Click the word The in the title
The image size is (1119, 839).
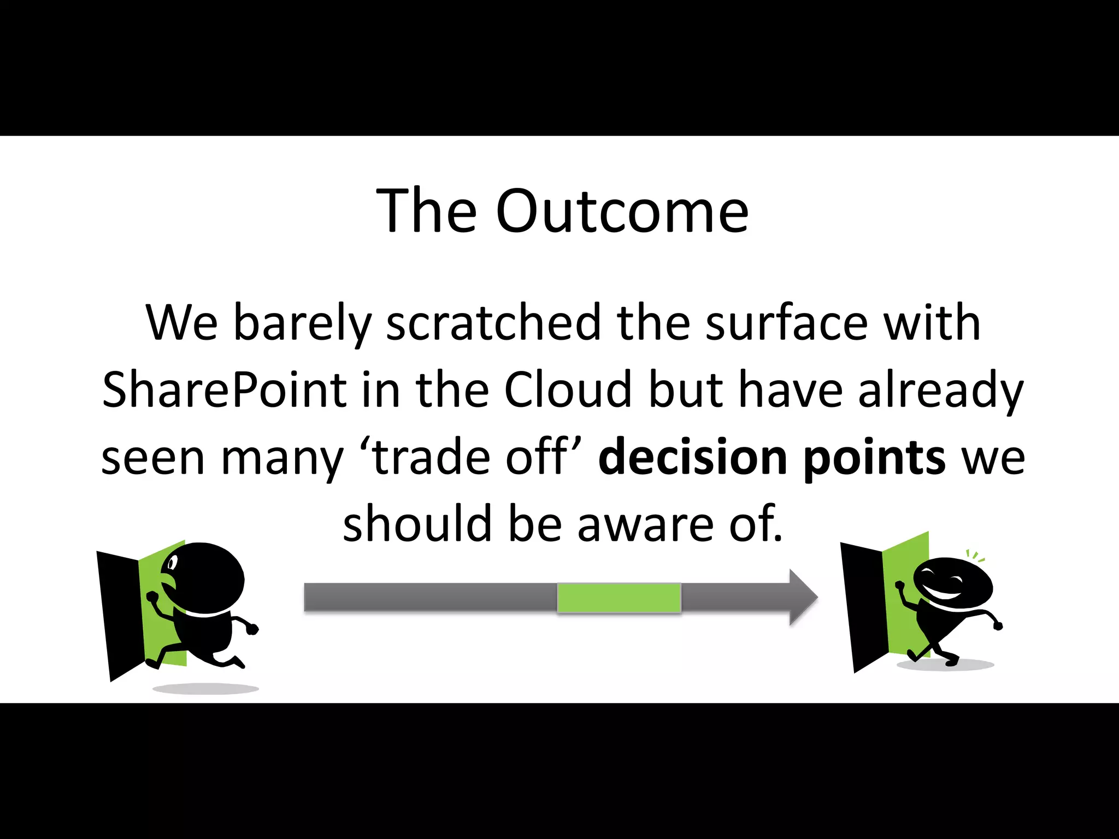click(426, 212)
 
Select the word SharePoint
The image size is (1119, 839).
click(224, 390)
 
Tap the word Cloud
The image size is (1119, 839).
click(568, 390)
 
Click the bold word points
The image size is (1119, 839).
click(874, 458)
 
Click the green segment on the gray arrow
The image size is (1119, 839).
click(619, 598)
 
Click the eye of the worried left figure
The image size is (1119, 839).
click(173, 562)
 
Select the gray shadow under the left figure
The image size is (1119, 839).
click(205, 689)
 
